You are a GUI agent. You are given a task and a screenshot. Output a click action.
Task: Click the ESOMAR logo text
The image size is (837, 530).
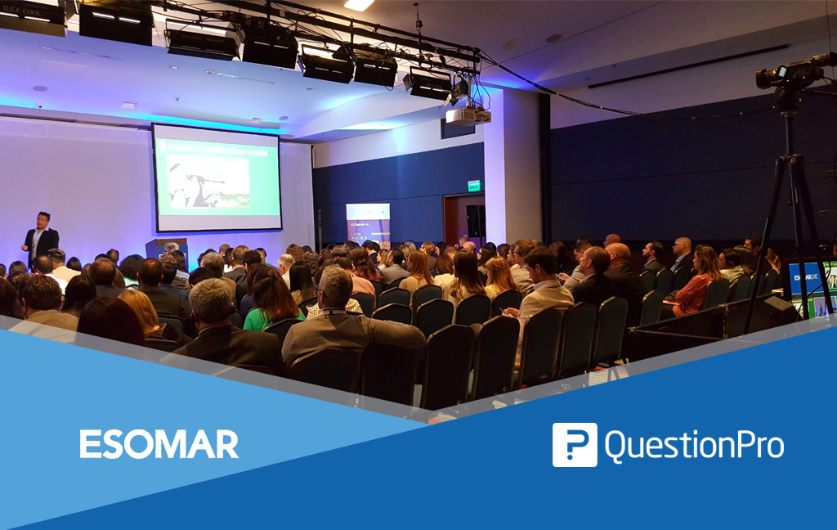point(159,444)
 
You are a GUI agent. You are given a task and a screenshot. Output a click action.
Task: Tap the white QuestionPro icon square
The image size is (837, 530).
point(574,445)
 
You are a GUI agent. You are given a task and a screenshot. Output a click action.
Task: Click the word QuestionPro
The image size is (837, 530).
point(694,446)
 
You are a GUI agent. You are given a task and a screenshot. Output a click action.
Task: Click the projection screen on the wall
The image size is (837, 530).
point(217,177)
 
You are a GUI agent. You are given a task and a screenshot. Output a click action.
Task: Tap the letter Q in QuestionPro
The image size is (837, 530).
point(615,446)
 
